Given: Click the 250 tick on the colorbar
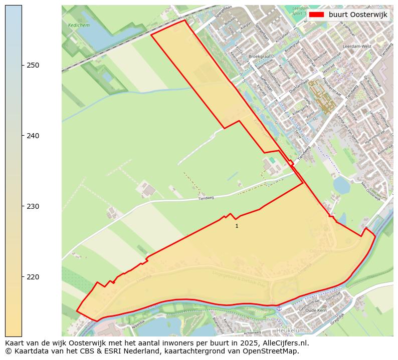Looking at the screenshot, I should [22, 65].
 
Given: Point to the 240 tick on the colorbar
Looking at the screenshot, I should [22, 136].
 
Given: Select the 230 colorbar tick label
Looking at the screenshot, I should [33, 206].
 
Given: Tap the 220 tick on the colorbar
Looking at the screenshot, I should [22, 277].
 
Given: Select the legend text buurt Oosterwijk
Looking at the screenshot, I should [358, 15].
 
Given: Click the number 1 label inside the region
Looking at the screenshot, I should [237, 226].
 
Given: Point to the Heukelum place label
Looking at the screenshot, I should [290, 331].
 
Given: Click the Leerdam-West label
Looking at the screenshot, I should [354, 46].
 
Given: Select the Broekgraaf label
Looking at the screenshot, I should [259, 57].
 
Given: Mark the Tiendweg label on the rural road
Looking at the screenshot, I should [206, 198].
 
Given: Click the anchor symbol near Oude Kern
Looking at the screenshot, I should [280, 308].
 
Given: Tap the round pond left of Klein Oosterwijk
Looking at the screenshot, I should [342, 185].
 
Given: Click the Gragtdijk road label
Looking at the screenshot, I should [337, 317].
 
